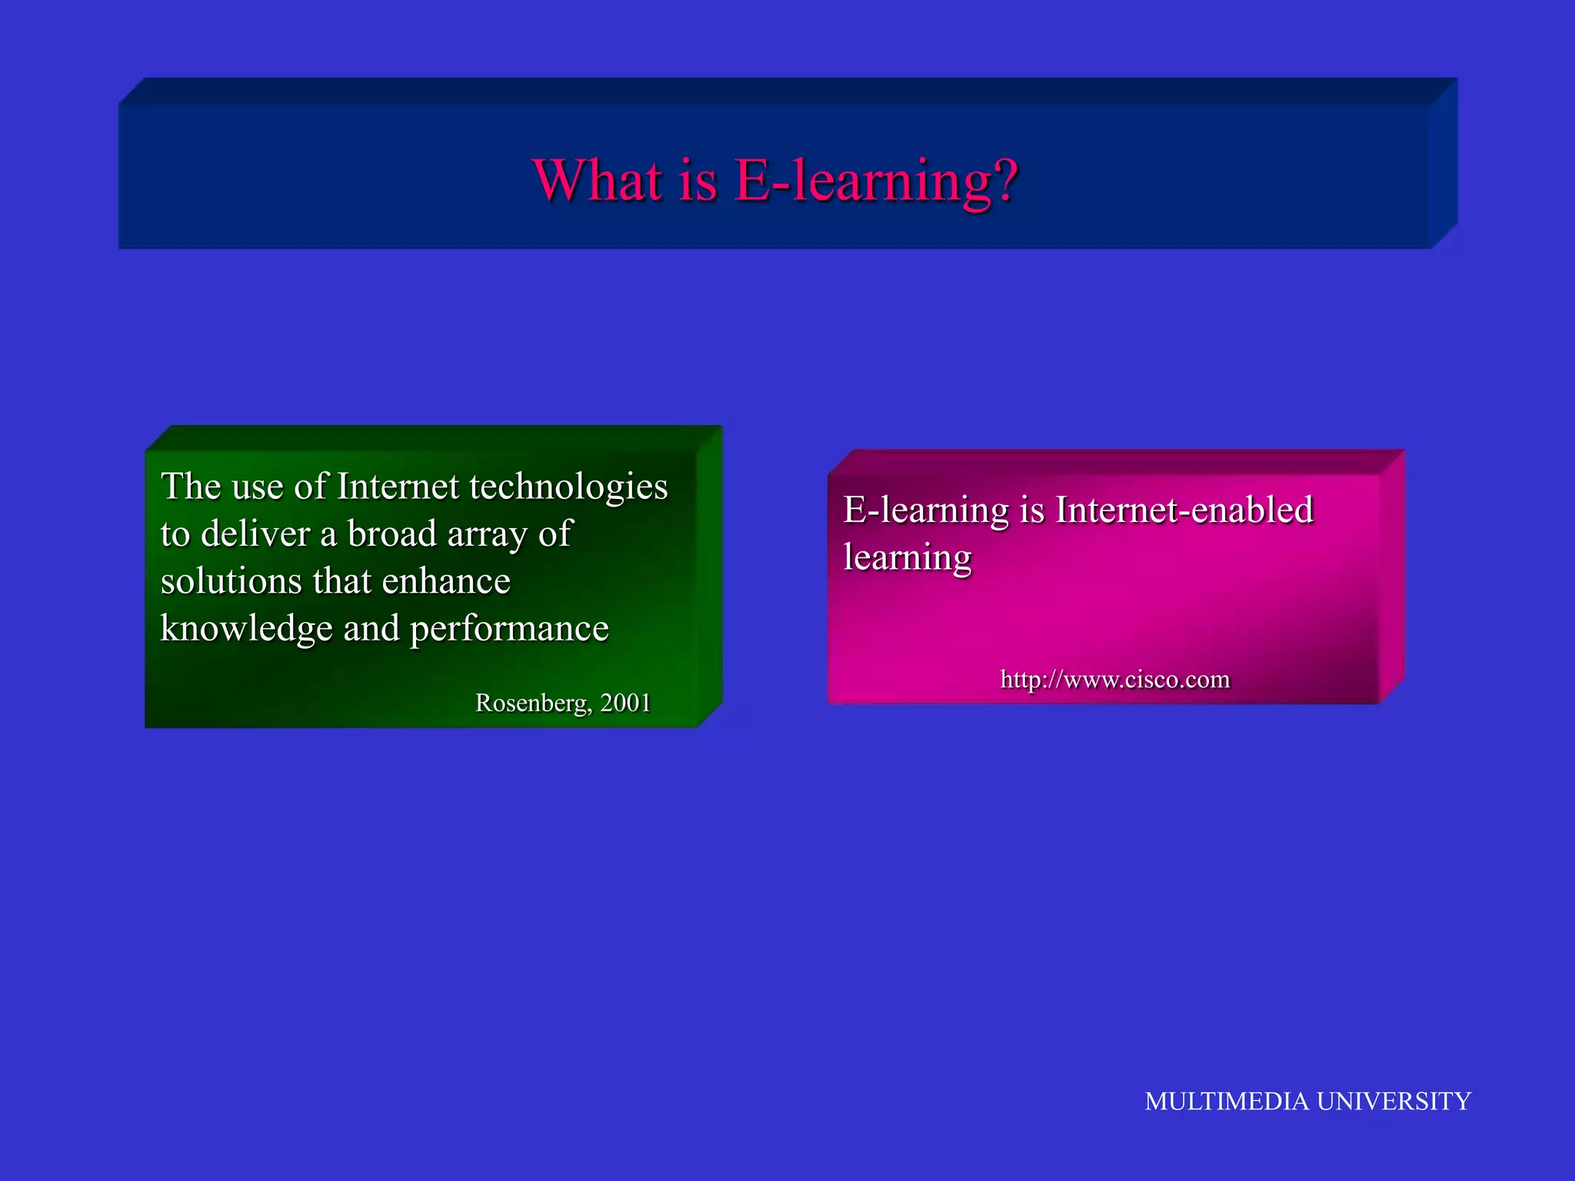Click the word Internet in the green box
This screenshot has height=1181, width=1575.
(398, 487)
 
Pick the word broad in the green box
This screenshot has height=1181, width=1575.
(391, 534)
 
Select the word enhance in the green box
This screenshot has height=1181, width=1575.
(446, 581)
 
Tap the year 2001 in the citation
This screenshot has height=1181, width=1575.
(625, 703)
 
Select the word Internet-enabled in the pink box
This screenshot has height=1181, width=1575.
(1184, 511)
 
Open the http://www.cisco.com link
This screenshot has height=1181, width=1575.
(1114, 680)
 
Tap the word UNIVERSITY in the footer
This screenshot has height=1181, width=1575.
(1394, 1101)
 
